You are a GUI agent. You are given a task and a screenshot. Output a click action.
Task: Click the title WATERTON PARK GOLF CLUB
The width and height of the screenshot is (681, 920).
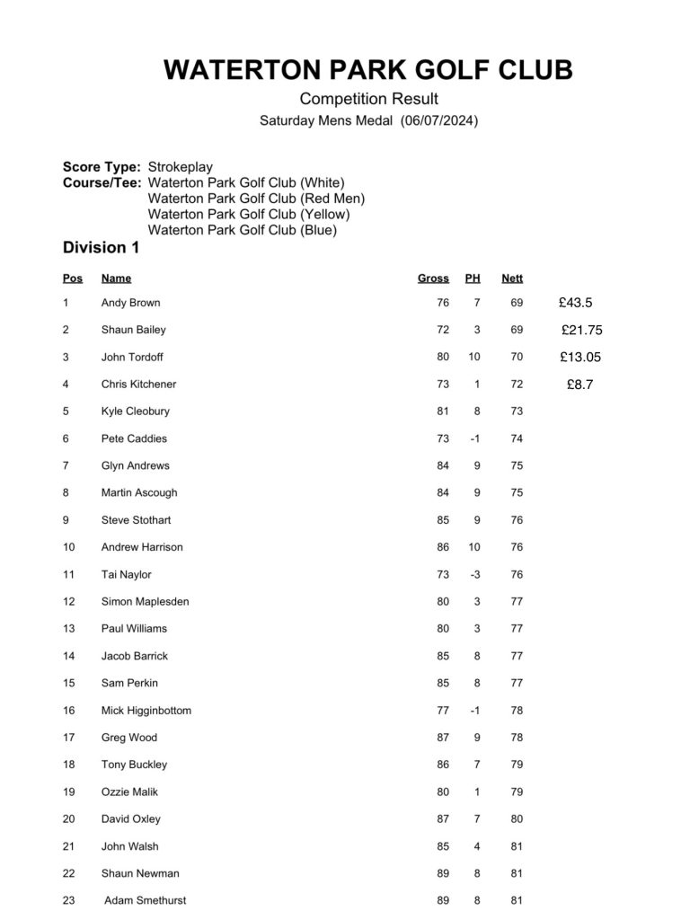367,70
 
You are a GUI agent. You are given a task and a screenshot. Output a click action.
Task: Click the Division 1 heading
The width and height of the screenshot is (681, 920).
101,247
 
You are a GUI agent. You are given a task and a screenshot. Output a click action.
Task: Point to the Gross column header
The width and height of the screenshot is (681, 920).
433,279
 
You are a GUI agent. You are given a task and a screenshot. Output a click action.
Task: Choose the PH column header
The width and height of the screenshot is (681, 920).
473,279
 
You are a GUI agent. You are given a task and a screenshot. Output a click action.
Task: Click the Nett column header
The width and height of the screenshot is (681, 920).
512,279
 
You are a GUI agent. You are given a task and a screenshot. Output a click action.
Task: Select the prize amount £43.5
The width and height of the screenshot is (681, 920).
575,303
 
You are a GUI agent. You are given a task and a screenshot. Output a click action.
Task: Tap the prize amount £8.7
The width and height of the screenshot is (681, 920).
580,385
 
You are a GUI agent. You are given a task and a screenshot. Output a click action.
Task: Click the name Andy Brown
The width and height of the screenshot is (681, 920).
130,303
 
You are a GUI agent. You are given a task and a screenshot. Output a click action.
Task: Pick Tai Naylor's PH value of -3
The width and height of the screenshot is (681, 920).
475,575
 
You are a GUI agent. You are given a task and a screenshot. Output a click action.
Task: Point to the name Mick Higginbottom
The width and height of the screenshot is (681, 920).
146,711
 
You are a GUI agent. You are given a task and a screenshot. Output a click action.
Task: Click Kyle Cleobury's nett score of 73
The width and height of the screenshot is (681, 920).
517,411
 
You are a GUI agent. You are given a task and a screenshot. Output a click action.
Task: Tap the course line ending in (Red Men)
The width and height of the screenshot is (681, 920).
256,199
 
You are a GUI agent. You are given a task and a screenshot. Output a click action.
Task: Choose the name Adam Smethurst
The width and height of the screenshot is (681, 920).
146,900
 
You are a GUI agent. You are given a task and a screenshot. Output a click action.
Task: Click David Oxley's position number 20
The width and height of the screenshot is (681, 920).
69,819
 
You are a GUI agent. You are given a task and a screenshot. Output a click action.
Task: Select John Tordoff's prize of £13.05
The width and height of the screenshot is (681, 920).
580,357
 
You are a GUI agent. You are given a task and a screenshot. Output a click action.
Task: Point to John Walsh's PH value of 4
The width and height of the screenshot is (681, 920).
477,846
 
